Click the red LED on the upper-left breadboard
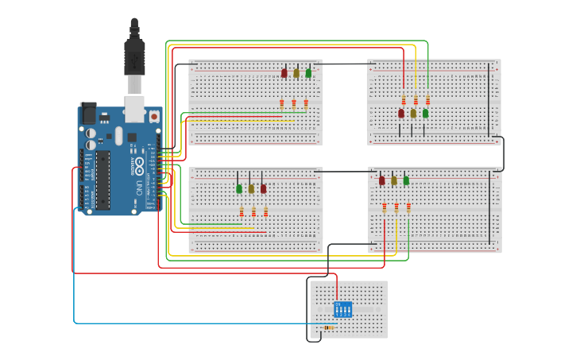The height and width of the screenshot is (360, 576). point(284,73)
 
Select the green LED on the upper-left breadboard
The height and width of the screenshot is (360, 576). point(308,73)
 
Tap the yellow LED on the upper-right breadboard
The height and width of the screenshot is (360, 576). point(413,114)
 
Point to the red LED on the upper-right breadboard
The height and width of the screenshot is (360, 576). point(401,114)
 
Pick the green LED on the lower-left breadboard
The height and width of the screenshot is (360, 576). point(239,188)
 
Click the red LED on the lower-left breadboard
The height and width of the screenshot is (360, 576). point(263,188)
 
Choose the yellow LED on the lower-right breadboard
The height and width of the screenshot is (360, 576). point(394,181)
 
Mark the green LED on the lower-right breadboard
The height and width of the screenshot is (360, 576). point(406,181)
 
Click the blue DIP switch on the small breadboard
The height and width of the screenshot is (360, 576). point(342,308)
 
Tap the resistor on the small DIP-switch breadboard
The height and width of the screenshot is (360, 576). point(330,327)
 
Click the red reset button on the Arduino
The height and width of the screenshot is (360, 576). point(153,116)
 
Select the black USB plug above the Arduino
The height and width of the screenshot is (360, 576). point(135,56)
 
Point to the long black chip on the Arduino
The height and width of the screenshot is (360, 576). point(102,180)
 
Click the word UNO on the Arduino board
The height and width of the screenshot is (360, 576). point(138,189)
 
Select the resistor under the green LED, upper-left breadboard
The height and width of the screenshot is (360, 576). point(306,103)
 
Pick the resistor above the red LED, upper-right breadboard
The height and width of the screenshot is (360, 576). point(404,100)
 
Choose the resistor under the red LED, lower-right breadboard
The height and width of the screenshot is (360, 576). point(385,207)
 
